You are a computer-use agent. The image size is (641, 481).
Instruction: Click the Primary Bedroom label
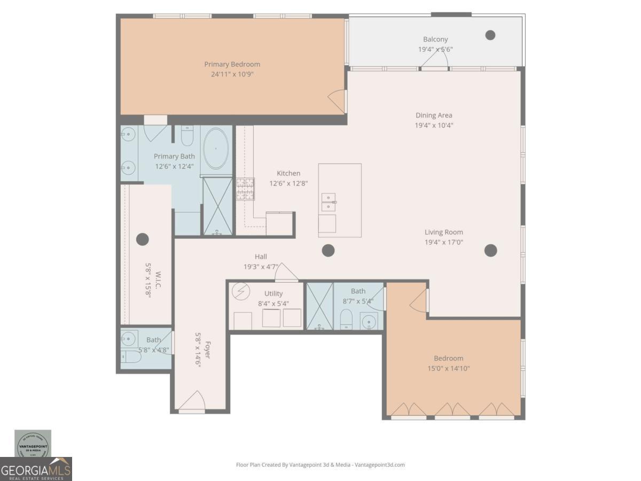point(232,64)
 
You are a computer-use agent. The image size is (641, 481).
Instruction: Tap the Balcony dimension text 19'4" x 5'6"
point(435,49)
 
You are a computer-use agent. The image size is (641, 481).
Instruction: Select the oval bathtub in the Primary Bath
point(216,149)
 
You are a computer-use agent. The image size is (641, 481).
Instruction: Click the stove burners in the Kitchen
point(245,189)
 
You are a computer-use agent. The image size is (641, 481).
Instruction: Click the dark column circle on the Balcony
point(490,35)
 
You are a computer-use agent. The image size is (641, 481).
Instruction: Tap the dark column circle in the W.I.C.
point(142,239)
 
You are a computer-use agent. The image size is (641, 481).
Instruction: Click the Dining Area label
point(434,115)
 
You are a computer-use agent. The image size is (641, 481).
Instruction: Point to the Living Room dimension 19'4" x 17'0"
point(443,242)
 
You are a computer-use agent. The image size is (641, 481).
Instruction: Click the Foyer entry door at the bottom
point(192,402)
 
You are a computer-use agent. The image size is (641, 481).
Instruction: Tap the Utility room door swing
point(286,272)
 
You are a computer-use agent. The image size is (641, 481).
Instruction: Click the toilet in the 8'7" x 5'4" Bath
point(346,319)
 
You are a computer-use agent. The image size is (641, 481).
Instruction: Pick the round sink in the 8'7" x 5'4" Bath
point(369,322)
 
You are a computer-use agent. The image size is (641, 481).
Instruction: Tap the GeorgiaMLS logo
point(36,469)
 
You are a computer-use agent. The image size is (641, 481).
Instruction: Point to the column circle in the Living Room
point(490,250)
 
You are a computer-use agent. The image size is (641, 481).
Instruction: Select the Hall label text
point(261,257)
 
